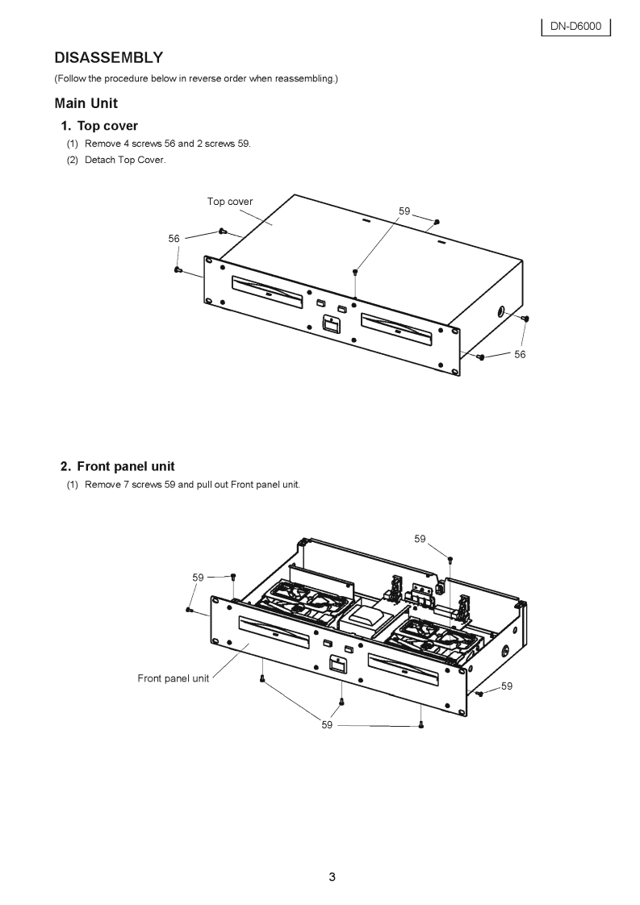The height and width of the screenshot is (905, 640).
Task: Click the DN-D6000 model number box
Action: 575,27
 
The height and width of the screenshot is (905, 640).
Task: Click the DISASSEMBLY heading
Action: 108,57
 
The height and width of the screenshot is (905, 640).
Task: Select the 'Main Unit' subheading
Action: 86,103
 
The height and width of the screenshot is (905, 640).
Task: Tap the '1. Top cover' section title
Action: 99,126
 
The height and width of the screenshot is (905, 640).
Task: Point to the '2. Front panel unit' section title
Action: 118,466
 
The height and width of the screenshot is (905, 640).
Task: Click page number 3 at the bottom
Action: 332,878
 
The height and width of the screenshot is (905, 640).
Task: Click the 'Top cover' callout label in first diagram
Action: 230,202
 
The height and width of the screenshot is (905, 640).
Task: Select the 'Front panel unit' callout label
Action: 173,678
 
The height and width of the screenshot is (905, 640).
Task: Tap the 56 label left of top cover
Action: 174,239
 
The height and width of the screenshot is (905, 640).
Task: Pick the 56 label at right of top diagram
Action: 520,355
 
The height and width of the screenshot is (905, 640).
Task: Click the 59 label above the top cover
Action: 405,211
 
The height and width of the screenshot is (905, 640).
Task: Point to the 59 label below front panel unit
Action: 327,725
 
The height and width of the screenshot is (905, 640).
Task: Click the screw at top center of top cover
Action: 355,272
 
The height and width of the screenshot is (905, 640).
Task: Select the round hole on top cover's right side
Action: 501,311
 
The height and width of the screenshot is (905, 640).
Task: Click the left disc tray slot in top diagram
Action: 268,287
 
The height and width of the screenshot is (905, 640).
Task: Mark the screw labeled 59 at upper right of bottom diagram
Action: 450,558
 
